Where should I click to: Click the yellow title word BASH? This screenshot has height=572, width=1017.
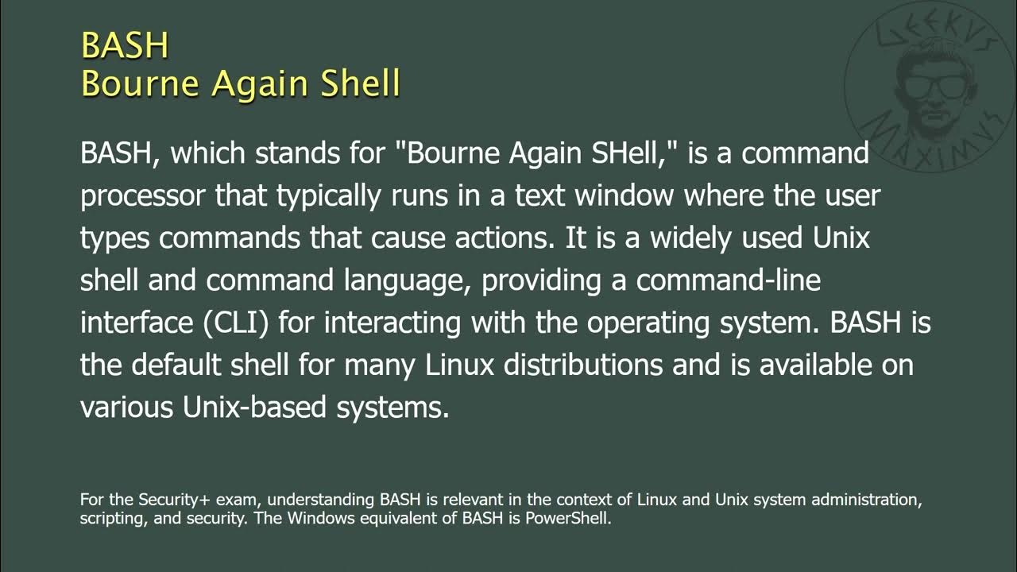125,46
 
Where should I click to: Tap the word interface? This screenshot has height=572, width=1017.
133,323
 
